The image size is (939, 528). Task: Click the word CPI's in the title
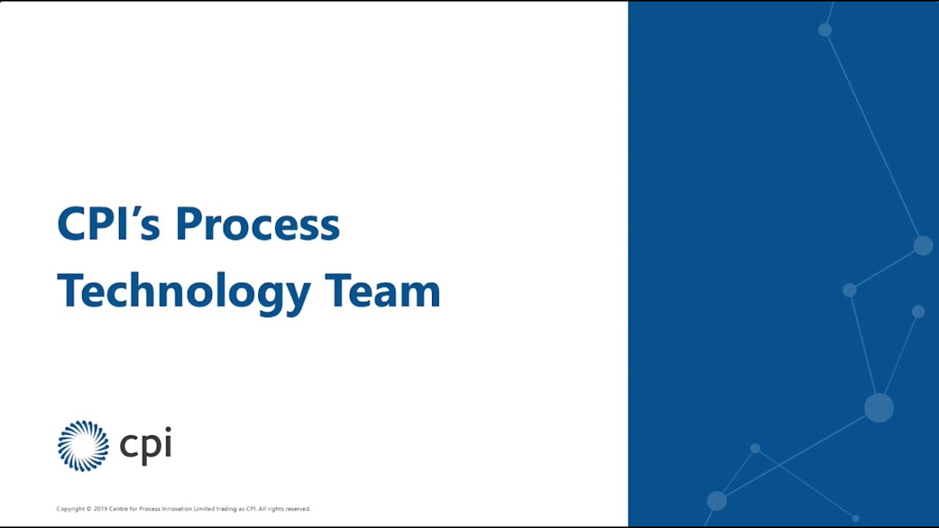coord(109,224)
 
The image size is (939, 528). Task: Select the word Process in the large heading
coord(257,224)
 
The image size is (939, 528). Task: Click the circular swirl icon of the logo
coord(83,446)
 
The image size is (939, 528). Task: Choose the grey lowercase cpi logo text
coord(145,446)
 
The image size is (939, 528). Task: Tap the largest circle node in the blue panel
coord(879,408)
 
